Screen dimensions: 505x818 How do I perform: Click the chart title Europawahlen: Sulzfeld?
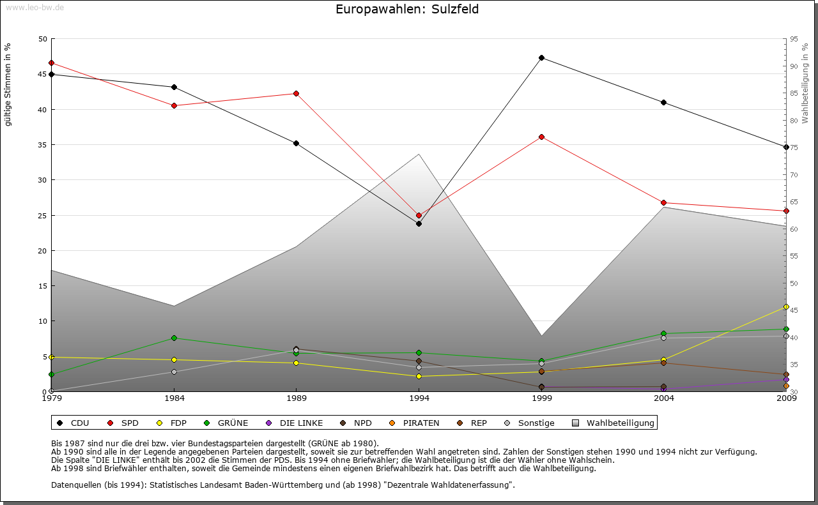[x=407, y=10]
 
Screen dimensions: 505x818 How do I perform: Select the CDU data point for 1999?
[x=541, y=58]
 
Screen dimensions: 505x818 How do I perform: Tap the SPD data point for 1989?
[x=296, y=93]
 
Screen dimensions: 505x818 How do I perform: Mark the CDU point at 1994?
[x=419, y=223]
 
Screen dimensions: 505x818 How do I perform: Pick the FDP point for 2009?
[x=786, y=306]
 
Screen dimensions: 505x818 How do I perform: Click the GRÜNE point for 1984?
[x=174, y=338]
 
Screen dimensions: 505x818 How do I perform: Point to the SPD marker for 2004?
[x=664, y=202]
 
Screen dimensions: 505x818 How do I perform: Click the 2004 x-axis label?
[x=664, y=398]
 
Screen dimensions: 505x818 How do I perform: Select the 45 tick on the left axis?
[x=43, y=74]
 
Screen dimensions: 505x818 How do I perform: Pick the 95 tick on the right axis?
[x=794, y=39]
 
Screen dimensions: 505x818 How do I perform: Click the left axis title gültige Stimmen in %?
[x=8, y=84]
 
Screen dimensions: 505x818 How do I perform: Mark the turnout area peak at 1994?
[x=419, y=154]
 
